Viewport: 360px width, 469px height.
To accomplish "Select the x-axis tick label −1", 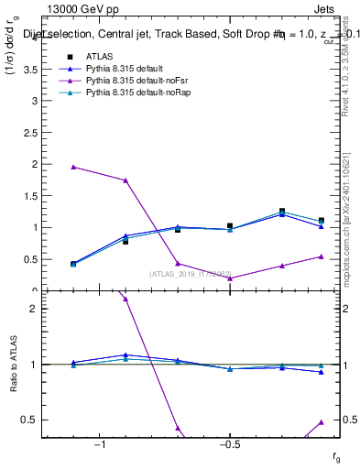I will (100, 445).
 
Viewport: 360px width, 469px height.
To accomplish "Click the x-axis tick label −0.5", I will (229, 445).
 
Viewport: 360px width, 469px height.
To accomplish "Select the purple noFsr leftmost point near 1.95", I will (73, 167).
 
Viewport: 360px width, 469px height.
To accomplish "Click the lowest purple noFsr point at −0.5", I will (230, 278).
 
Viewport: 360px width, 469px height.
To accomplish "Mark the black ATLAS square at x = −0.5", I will (230, 225).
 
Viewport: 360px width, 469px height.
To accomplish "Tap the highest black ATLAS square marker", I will (282, 212).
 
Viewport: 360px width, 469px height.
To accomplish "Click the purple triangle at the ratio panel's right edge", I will (322, 421).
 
